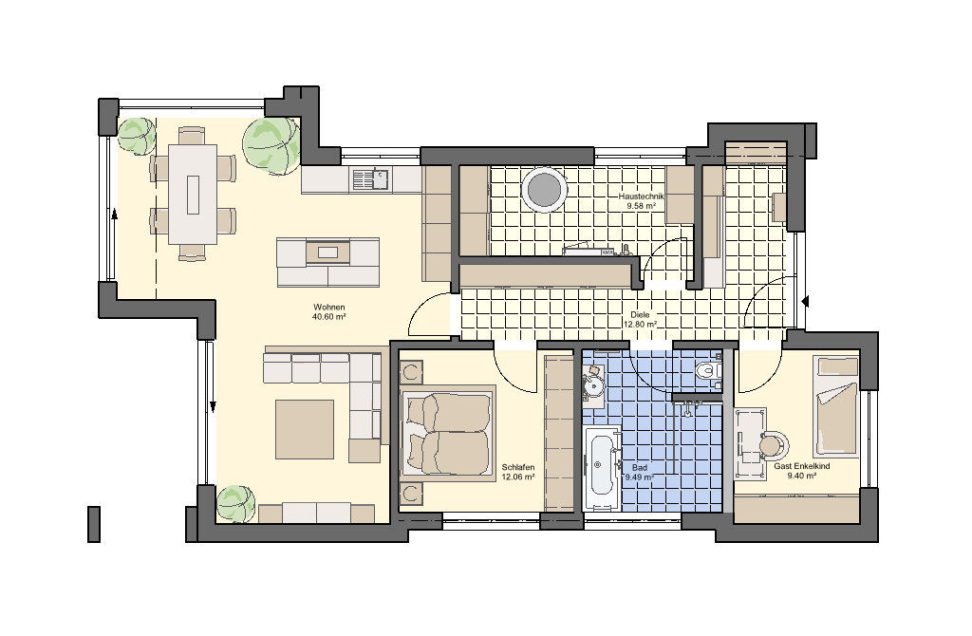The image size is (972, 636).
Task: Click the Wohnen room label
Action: [328, 307]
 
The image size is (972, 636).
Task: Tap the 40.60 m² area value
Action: [328, 317]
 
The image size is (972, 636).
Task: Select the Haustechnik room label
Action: [641, 196]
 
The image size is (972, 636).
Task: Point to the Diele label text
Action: [641, 315]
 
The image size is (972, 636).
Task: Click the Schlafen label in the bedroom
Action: [518, 467]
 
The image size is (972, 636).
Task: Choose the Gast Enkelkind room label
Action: [801, 466]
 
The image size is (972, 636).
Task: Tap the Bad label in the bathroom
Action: [640, 468]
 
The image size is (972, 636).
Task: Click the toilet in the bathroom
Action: [708, 371]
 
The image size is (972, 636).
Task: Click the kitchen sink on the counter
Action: [371, 179]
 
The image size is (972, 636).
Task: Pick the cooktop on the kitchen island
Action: [327, 253]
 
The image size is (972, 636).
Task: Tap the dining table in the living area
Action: [193, 194]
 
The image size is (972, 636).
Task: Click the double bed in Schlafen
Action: [448, 434]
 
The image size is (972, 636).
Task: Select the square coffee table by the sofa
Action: [305, 429]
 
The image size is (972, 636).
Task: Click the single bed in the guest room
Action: [836, 406]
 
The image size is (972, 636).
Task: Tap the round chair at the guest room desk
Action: [773, 444]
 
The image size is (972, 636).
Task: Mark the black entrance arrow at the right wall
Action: [805, 302]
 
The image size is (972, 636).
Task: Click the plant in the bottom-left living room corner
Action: [235, 503]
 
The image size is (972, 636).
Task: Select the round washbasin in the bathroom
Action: [594, 385]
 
